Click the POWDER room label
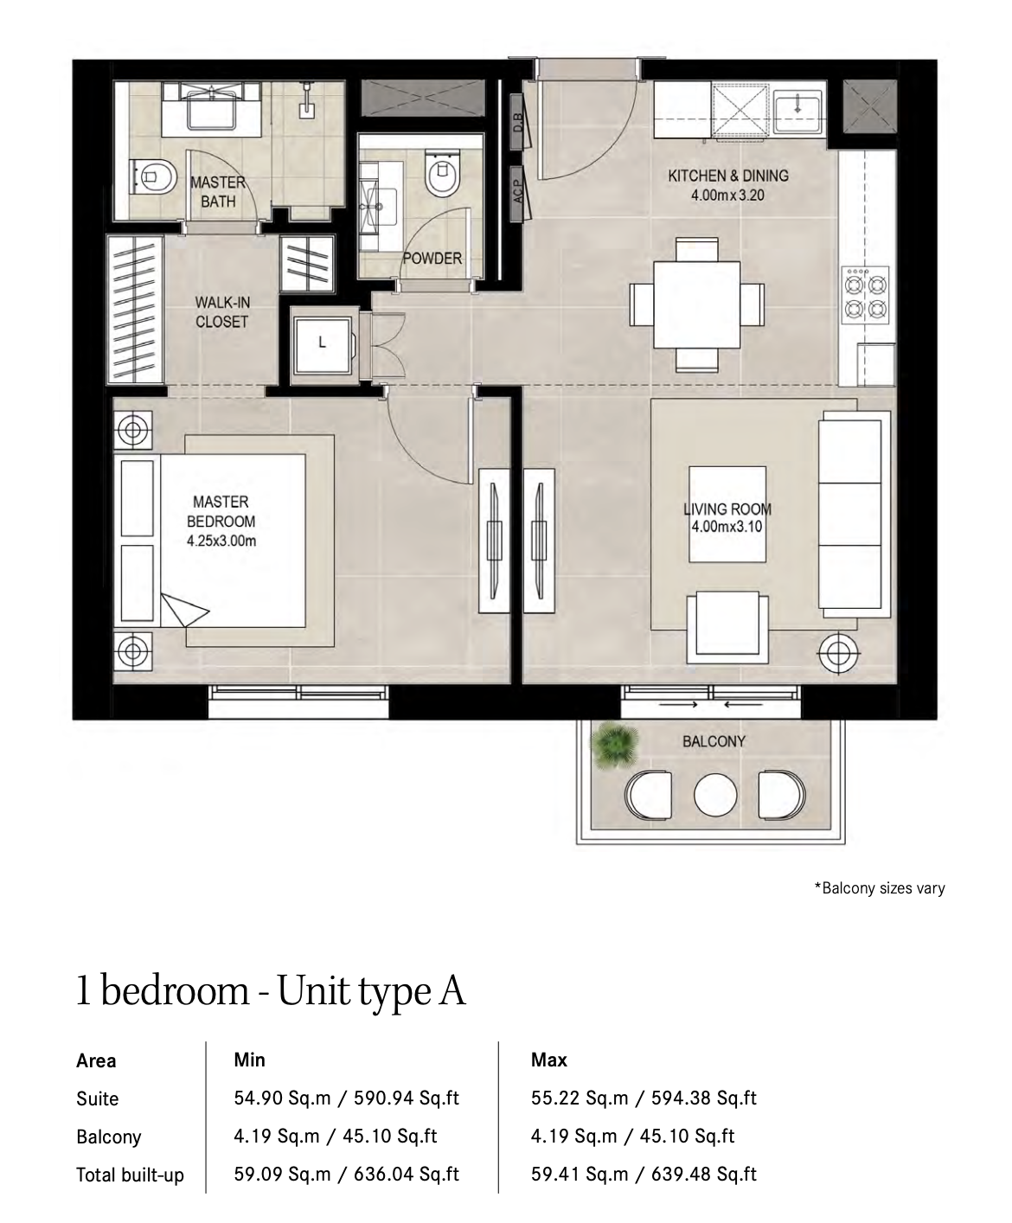pos(432,258)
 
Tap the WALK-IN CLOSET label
pos(222,311)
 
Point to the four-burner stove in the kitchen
pos(865,295)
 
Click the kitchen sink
pos(798,110)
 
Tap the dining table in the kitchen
pos(697,304)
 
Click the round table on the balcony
pos(715,796)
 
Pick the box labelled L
pos(322,346)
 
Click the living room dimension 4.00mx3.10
pos(727,526)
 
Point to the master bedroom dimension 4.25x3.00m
pos(221,541)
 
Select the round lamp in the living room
pos(839,652)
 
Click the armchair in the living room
pos(727,627)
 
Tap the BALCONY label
pos(714,741)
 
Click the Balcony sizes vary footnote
pos(880,887)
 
